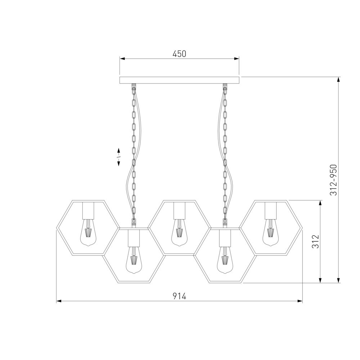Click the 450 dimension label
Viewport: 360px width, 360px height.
tap(179, 54)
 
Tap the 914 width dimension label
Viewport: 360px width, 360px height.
tap(179, 296)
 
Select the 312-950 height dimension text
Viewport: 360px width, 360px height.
tap(333, 180)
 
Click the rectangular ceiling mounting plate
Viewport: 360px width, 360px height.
tap(180, 80)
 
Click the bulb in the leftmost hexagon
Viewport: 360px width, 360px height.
tap(88, 233)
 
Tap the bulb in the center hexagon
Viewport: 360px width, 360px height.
tap(179, 233)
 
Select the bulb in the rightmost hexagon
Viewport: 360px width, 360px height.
tap(270, 233)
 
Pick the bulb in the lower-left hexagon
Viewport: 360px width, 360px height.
tap(134, 260)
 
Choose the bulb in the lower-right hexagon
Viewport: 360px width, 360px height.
tap(225, 260)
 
